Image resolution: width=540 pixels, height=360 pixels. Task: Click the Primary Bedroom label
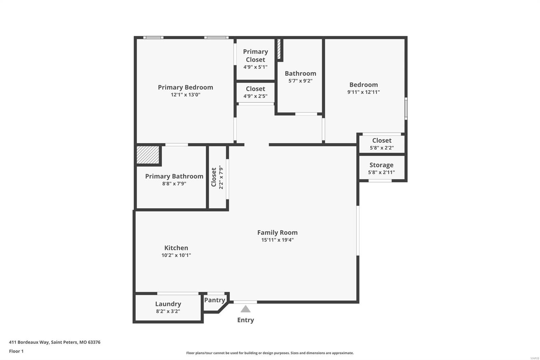point(185,87)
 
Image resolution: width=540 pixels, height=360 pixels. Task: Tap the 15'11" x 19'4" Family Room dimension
point(277,240)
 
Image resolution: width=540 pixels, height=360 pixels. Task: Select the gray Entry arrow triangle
point(245,309)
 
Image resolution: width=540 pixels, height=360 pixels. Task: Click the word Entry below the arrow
point(245,320)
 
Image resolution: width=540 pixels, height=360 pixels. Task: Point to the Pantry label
point(215,300)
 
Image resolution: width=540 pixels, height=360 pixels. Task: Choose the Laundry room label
point(168,304)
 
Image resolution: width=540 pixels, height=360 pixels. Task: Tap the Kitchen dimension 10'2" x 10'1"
point(176,255)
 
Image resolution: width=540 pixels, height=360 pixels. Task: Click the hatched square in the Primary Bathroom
point(148,155)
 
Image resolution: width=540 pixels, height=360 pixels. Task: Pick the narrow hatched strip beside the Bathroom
point(279,49)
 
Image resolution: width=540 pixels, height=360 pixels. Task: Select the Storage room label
point(381,165)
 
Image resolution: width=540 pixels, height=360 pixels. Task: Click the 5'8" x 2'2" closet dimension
point(382,148)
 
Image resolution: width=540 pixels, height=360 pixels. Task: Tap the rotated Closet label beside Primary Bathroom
point(214,177)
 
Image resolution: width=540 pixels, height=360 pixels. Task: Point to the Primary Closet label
point(255,55)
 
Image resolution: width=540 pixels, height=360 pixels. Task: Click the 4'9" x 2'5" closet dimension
point(255,96)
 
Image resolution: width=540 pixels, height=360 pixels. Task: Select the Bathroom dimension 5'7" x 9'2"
point(300,81)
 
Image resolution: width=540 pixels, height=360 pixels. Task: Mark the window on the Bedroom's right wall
point(406,109)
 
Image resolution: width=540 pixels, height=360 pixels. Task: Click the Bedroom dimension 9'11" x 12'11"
point(363,92)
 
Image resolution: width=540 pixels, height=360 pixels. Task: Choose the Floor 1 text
point(17,351)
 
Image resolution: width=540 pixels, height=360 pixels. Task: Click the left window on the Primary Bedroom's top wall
point(153,37)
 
